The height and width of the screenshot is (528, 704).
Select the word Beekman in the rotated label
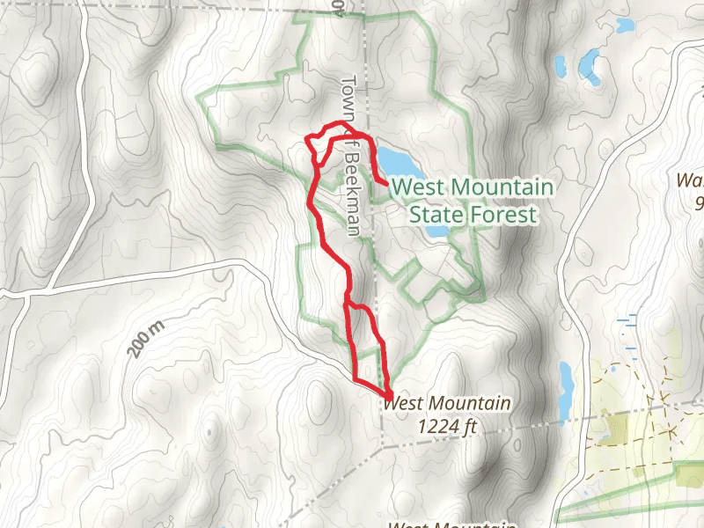[352, 198]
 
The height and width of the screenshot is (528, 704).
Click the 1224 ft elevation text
[448, 426]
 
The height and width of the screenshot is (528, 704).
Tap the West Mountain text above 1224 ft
[448, 404]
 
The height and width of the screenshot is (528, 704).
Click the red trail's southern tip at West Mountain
[388, 392]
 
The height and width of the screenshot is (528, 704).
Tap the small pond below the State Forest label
[438, 232]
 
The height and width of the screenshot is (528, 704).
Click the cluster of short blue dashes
[628, 330]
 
